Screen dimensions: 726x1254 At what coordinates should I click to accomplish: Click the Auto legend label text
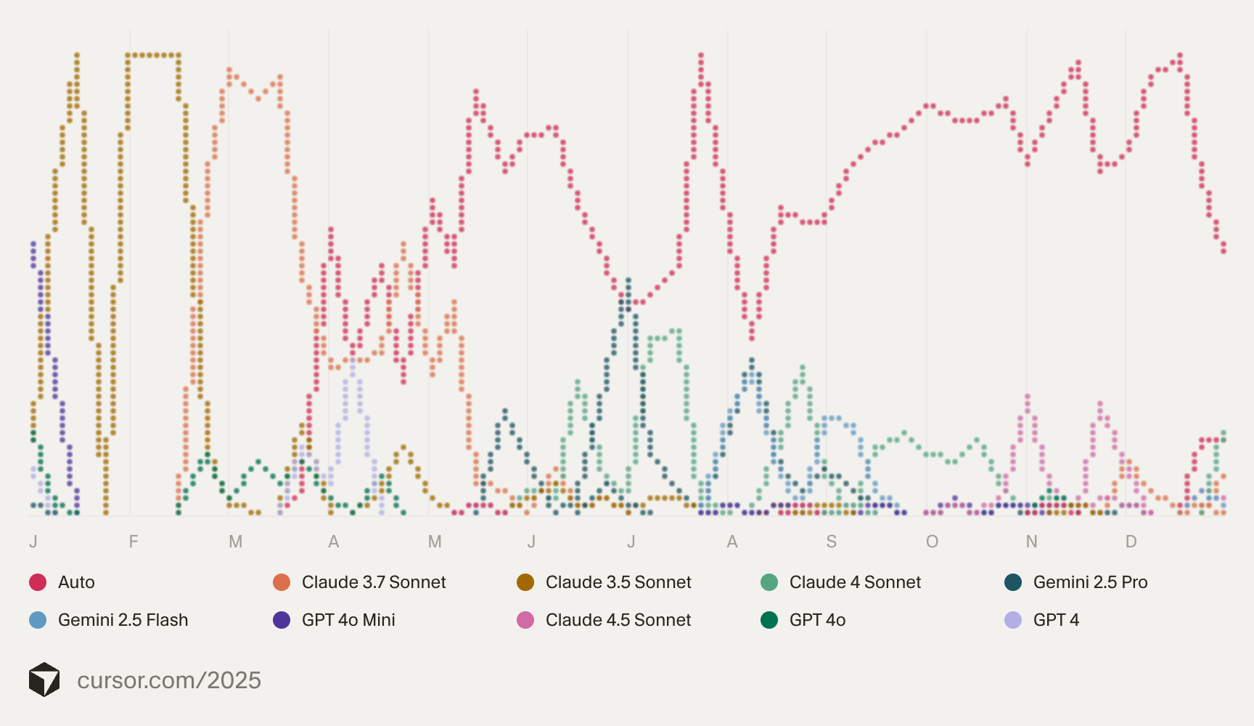click(x=76, y=582)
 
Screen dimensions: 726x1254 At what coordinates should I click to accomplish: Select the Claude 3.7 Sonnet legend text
click(x=373, y=582)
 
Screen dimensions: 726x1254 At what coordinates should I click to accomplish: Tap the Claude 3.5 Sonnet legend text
click(x=618, y=582)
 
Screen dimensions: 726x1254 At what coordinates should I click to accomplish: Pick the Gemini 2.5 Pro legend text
click(x=1090, y=582)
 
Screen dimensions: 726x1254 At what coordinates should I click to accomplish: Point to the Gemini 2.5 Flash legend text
click(x=123, y=620)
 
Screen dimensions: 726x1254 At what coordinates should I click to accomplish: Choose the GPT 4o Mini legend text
click(x=348, y=620)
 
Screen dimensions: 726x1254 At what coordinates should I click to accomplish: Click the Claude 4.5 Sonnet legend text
click(x=618, y=620)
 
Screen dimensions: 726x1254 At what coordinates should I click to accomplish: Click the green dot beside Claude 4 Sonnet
click(x=769, y=582)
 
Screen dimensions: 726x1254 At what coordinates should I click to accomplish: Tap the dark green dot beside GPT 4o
click(x=769, y=620)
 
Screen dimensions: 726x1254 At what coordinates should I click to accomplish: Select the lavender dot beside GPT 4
click(x=1013, y=620)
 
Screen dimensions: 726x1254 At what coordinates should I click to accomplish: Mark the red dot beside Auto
click(x=38, y=582)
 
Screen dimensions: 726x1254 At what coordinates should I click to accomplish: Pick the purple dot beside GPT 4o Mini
click(x=282, y=620)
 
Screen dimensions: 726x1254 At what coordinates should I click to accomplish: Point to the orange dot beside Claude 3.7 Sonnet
click(x=282, y=582)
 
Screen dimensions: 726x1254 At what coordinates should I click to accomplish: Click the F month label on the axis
click(x=134, y=542)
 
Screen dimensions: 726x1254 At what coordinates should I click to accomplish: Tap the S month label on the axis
click(x=832, y=542)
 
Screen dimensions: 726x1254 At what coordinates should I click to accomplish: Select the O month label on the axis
click(x=932, y=542)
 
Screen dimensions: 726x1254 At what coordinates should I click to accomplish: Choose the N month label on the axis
click(x=1031, y=542)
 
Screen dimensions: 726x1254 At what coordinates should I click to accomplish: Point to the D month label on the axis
click(x=1131, y=542)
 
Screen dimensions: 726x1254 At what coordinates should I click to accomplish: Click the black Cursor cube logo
click(x=44, y=680)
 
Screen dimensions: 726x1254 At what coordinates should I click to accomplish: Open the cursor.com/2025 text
click(x=169, y=680)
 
